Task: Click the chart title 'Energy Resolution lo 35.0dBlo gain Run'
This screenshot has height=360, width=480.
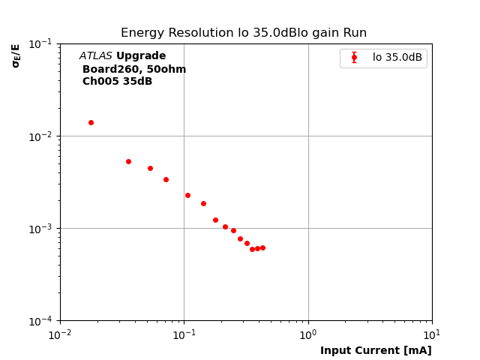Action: (244, 33)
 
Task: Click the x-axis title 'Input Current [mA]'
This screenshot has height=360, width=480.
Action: (376, 350)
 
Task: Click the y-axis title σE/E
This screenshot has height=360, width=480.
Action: (16, 55)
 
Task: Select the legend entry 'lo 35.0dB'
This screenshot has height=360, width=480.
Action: (397, 58)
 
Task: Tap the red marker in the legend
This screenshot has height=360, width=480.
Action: (354, 58)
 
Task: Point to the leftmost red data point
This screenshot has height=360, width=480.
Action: (91, 122)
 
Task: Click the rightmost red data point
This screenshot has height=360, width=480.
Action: (262, 247)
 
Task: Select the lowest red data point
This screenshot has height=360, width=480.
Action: (252, 249)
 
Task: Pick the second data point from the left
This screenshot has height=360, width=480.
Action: (128, 161)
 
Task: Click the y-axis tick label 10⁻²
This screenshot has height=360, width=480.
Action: (41, 136)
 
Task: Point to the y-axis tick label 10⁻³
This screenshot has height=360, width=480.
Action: (41, 229)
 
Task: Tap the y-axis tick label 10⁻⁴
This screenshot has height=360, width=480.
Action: (41, 321)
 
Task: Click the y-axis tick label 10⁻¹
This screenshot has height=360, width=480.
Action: (41, 44)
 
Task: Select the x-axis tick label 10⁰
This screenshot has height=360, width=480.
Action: (308, 334)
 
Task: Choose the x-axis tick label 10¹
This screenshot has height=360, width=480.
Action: (432, 334)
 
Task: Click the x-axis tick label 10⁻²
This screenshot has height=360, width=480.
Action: (60, 334)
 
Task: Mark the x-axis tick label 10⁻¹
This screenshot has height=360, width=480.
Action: (184, 334)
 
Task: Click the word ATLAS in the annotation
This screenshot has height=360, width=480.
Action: (95, 56)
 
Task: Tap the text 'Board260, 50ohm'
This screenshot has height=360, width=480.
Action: (134, 70)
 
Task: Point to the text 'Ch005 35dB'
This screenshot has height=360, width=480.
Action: (117, 82)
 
